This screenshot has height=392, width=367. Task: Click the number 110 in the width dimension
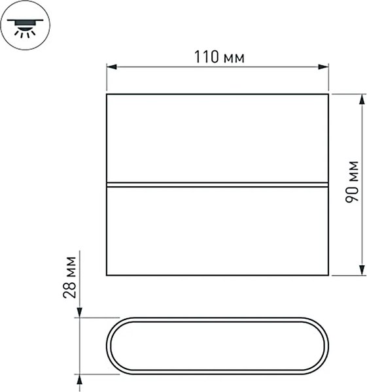coord(207,57)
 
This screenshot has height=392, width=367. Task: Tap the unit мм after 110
coord(234,58)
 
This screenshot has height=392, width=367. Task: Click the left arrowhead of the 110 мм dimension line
coord(111,67)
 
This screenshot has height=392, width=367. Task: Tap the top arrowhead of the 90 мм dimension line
coord(362,99)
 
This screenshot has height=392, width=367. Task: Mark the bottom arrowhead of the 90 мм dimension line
coord(362,270)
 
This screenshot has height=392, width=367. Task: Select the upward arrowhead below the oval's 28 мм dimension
coord(79,380)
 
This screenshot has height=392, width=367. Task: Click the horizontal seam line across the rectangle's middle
coord(217,184)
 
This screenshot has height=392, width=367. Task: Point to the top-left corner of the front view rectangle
coord(107,95)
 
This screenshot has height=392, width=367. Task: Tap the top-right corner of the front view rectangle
coord(327,95)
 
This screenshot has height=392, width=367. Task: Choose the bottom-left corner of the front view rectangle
coord(107,274)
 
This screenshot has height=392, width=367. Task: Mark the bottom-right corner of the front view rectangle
coord(327,274)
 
